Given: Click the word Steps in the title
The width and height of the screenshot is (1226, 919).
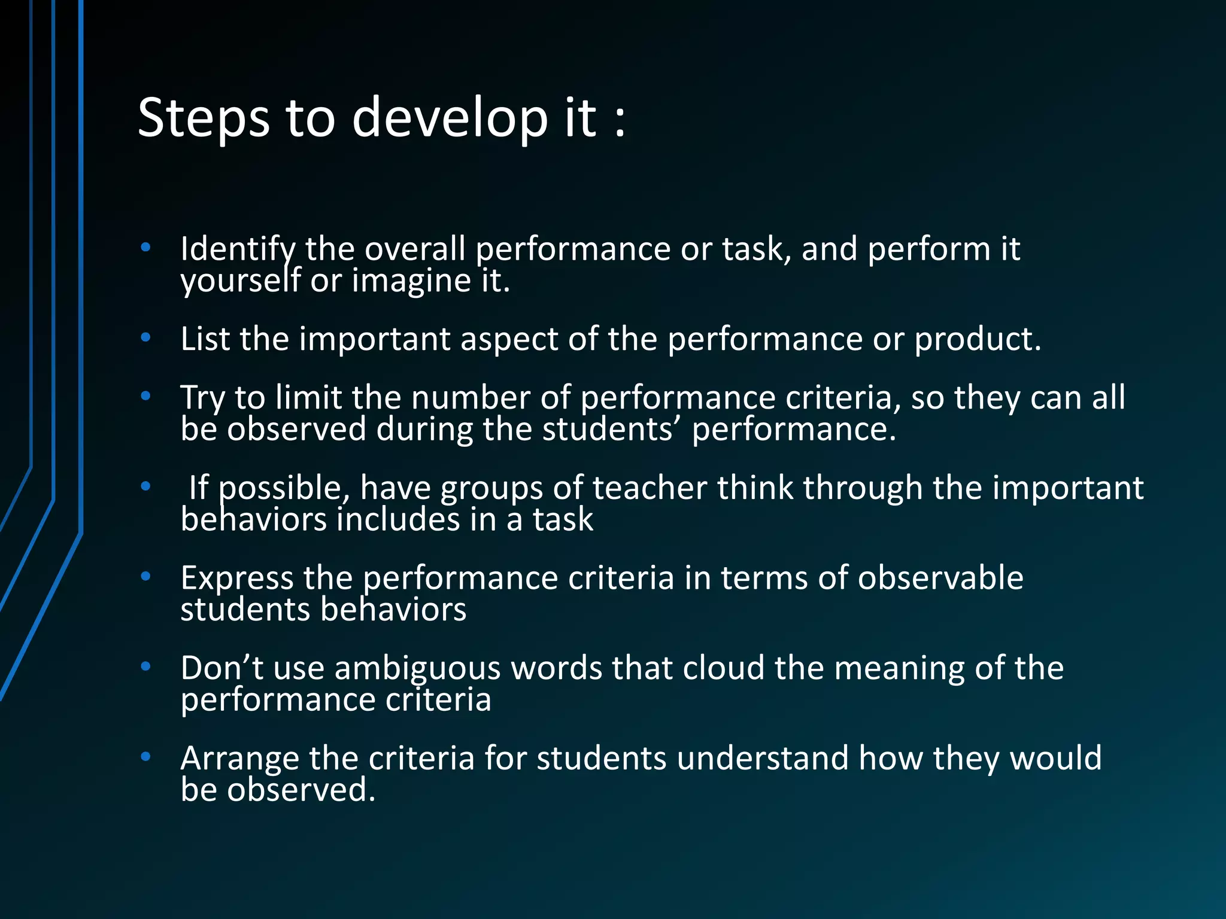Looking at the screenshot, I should point(204,118).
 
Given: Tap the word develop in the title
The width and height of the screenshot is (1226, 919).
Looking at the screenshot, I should point(449,118).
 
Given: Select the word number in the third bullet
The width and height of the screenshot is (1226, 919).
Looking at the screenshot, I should point(471,398).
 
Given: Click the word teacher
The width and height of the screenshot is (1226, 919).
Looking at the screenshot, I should point(650,488).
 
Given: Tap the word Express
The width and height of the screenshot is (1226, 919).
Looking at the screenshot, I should point(237,579).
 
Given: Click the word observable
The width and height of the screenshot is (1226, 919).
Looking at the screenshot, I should point(940,579).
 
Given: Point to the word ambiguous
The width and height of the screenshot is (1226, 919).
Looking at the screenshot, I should point(417,668).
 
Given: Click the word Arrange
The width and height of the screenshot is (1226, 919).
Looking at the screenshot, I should point(239,759).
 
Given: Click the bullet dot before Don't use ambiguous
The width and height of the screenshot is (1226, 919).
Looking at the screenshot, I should point(145,666).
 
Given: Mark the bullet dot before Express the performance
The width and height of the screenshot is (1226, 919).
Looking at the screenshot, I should point(145,576).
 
